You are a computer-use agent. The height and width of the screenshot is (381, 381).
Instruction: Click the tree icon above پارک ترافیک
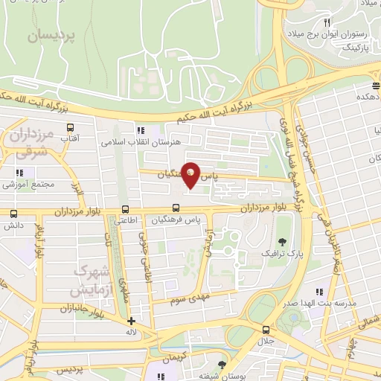[282, 242]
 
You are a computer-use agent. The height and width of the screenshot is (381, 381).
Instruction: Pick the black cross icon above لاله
[132, 321]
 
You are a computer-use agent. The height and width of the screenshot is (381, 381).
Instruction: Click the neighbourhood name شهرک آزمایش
[95, 279]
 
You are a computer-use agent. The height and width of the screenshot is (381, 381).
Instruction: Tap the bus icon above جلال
[266, 330]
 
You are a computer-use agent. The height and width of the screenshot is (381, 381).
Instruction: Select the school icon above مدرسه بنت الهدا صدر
[319, 292]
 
